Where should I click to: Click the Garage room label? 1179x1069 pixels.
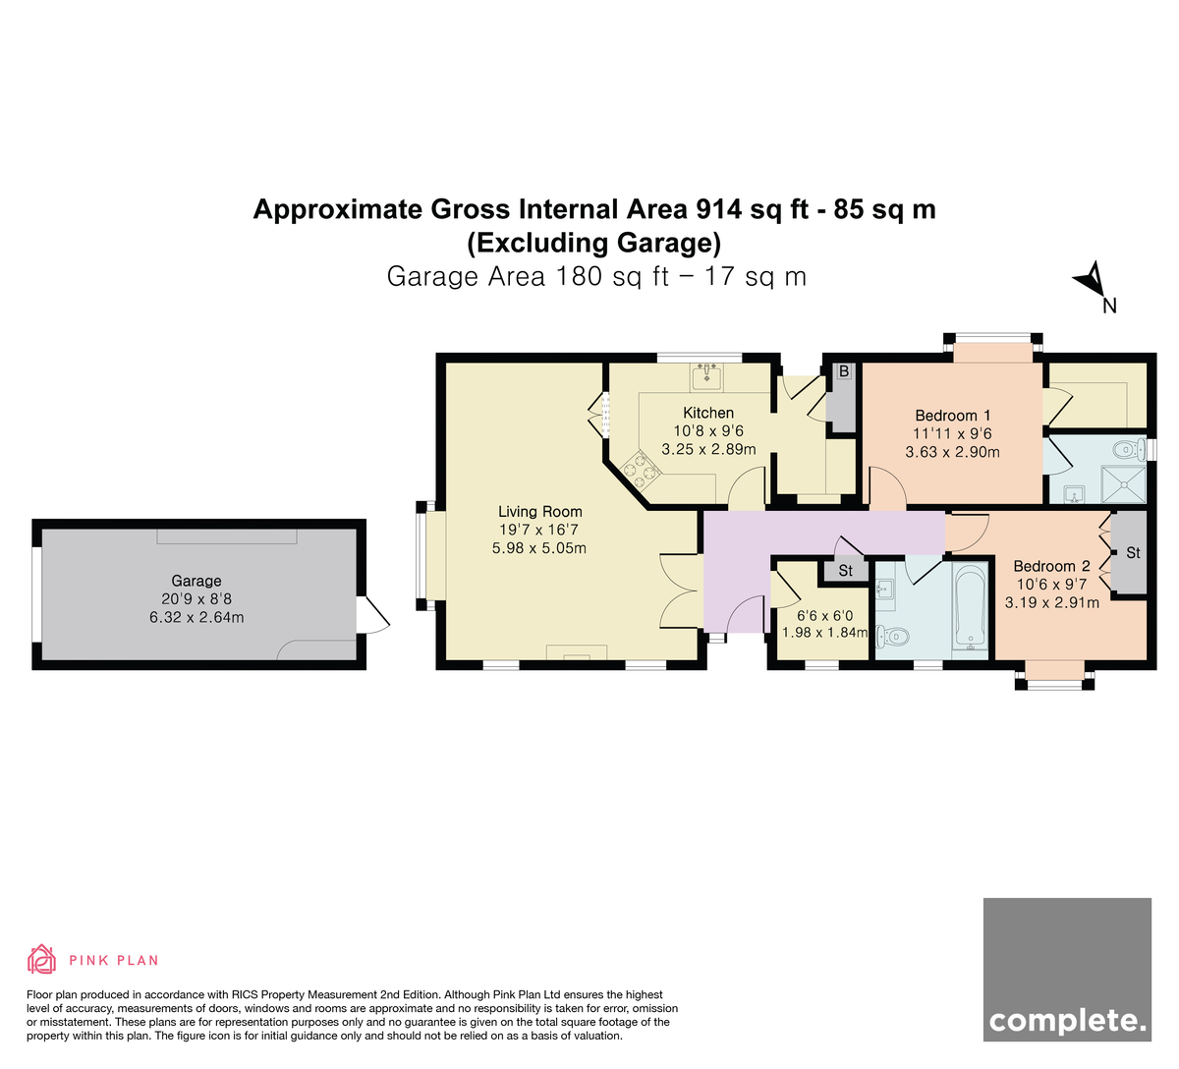tap(196, 581)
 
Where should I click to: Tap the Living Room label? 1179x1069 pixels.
tap(540, 512)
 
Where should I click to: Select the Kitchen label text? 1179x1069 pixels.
tap(708, 413)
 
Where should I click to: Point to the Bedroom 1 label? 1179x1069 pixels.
tap(953, 416)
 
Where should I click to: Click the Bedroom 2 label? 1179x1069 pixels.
tap(1051, 566)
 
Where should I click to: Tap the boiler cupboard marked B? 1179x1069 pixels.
tap(844, 398)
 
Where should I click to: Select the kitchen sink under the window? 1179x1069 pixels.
tap(706, 376)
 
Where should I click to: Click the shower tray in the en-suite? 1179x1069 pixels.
tap(1123, 484)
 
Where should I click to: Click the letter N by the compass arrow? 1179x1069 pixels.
tap(1109, 306)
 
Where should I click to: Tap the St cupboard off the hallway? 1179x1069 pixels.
tap(845, 571)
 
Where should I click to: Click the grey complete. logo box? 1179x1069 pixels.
tap(1067, 969)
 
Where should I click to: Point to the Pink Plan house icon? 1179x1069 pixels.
tap(41, 959)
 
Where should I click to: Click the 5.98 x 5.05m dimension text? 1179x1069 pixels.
tap(539, 548)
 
